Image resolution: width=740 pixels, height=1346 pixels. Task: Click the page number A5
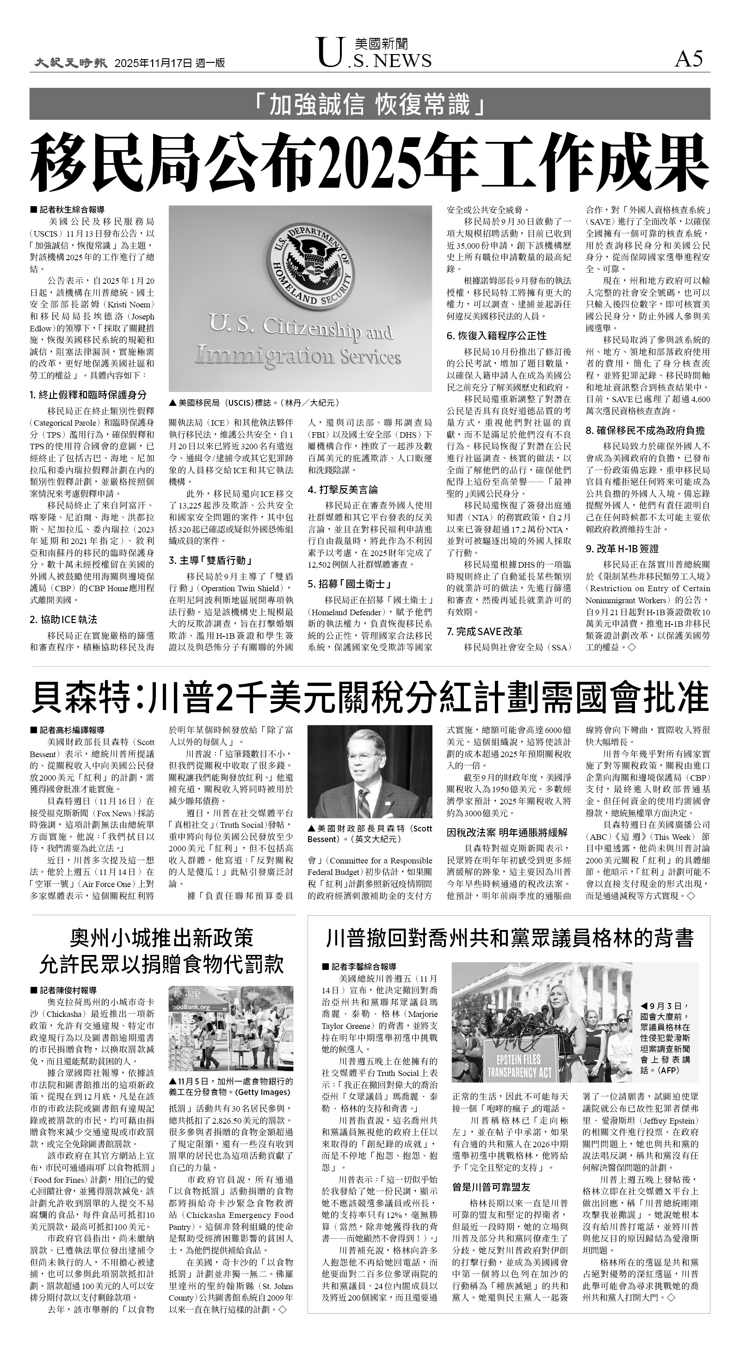tap(689, 60)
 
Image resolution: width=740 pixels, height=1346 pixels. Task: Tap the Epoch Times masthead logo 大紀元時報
tap(71, 63)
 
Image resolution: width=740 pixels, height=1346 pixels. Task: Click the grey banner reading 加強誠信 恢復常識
tap(369, 104)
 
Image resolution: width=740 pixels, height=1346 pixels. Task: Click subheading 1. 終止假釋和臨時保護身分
tap(88, 395)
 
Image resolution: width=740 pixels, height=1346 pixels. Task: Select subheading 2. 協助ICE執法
tap(63, 620)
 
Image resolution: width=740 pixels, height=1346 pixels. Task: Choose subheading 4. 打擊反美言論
tap(343, 489)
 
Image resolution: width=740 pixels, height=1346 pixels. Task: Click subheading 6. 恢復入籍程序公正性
tap(496, 336)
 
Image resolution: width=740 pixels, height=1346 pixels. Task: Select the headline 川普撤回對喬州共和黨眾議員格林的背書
tap(509, 938)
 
